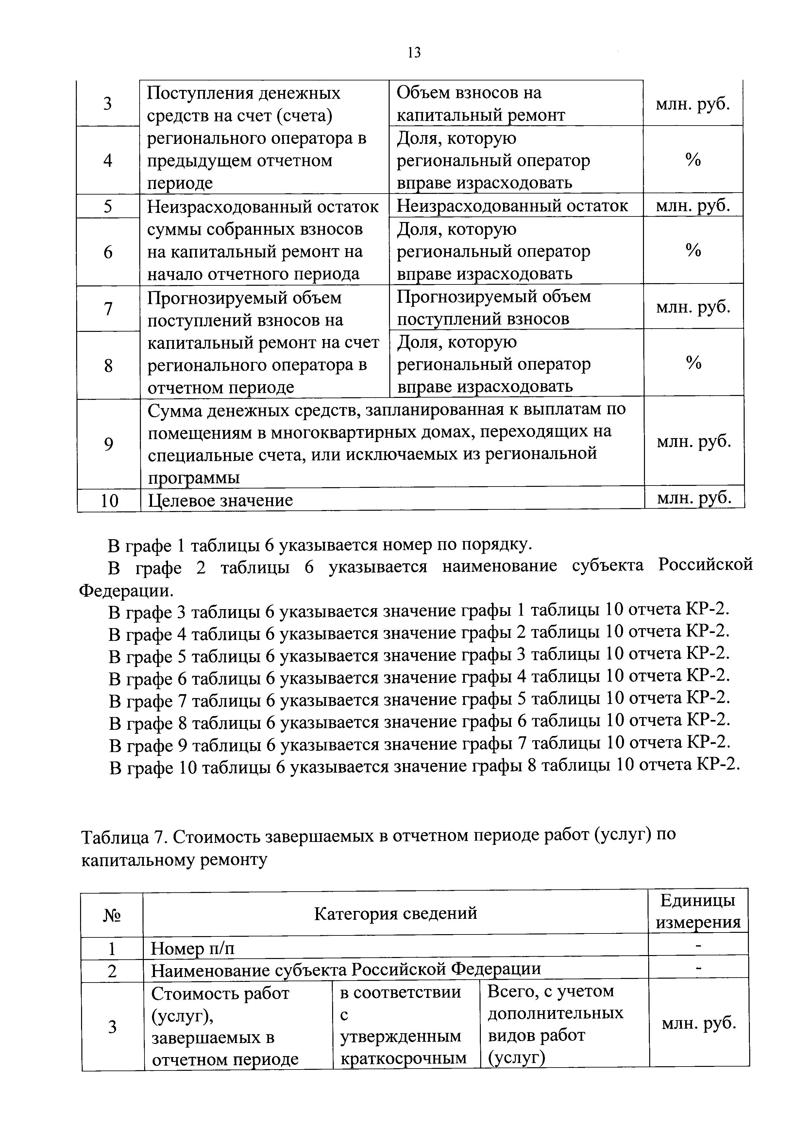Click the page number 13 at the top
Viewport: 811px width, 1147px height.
click(x=414, y=52)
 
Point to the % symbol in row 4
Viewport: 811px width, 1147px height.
click(x=693, y=160)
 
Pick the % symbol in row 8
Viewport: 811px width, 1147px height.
click(x=693, y=363)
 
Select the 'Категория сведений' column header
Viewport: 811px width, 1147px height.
click(x=396, y=913)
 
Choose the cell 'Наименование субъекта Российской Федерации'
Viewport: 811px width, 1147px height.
click(x=346, y=970)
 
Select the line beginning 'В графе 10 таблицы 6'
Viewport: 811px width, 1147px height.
click(x=423, y=765)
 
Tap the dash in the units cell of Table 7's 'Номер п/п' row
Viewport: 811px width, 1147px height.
click(x=698, y=946)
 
